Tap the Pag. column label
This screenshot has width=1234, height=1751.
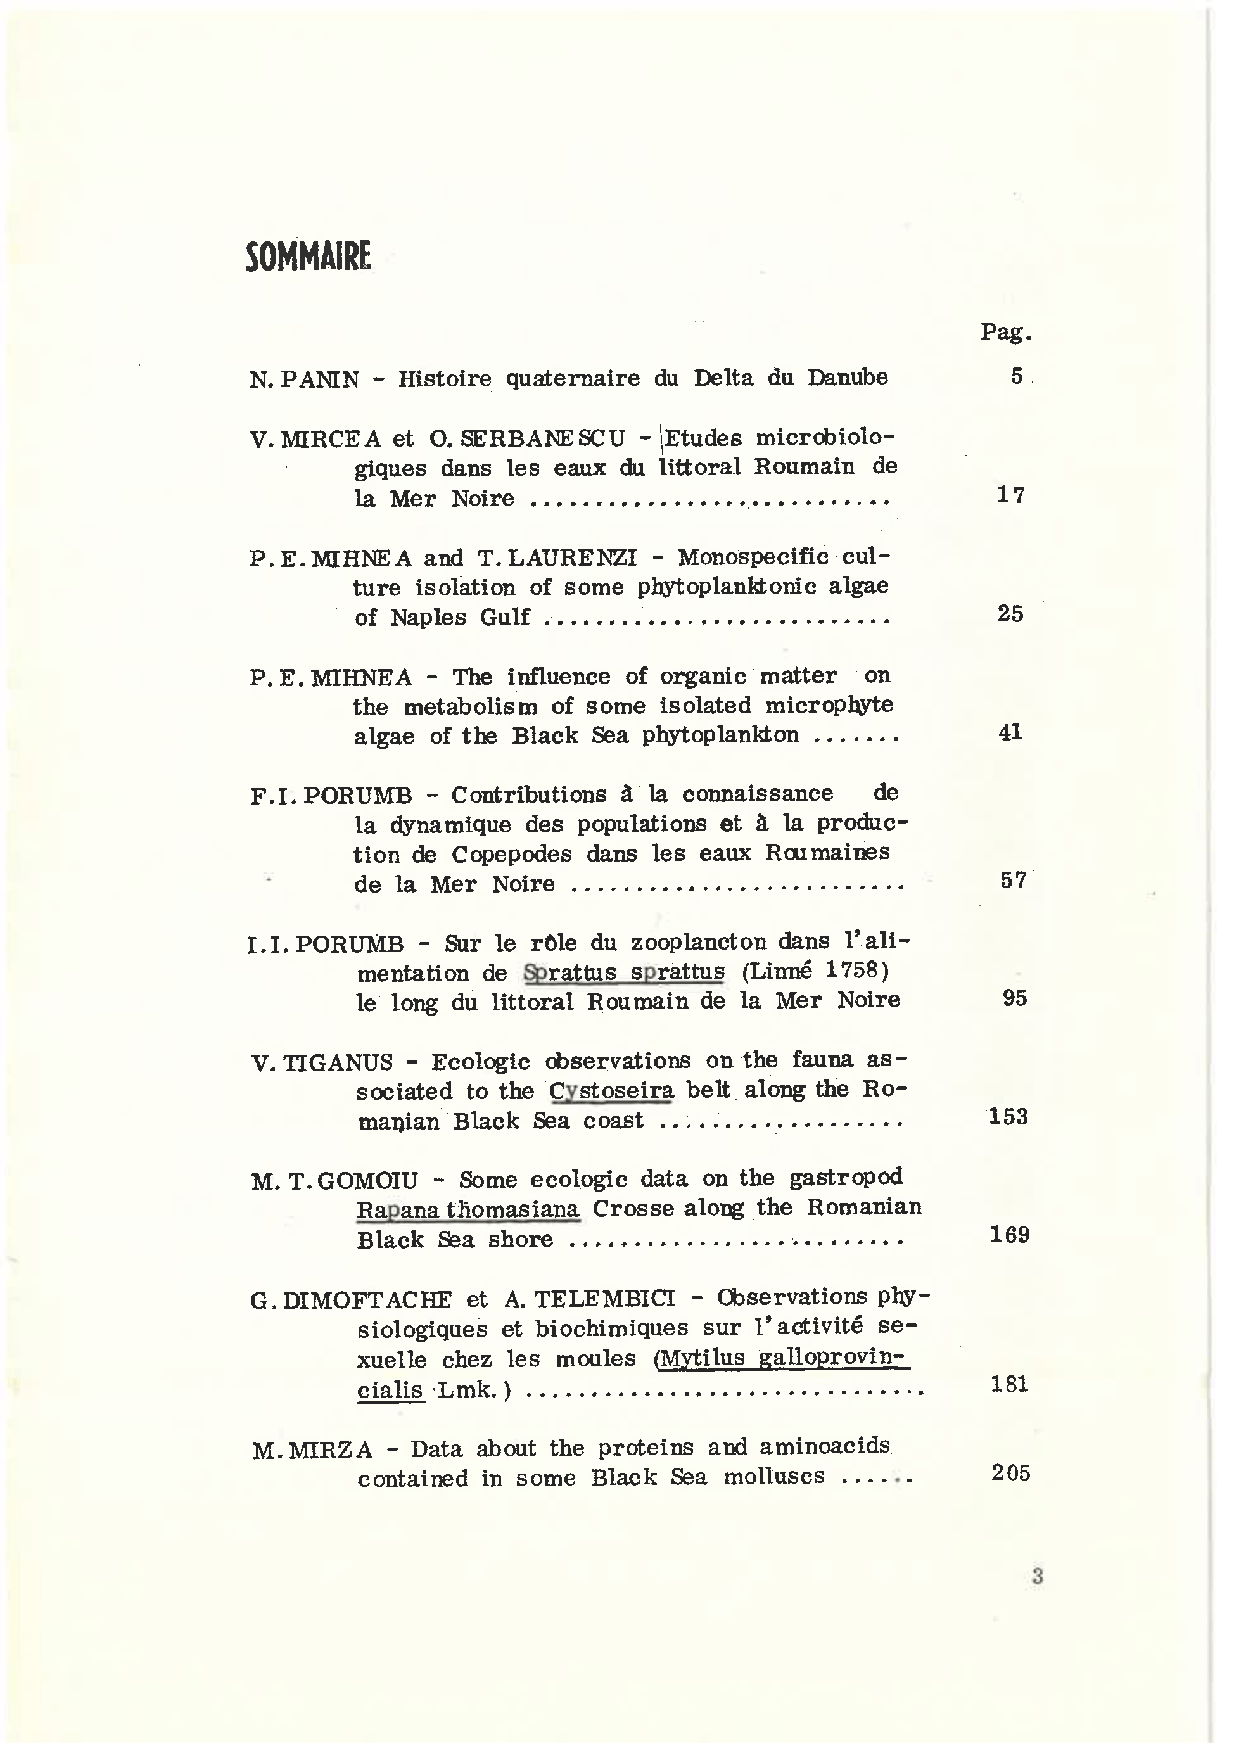pos(1005,332)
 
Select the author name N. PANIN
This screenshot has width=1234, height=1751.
pos(303,379)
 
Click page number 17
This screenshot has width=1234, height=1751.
pos(1010,495)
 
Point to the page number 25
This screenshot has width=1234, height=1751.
pos(1010,614)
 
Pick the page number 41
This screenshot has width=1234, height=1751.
pos(1010,733)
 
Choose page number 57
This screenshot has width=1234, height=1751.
pos(1013,881)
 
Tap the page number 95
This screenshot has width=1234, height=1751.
pos(1014,998)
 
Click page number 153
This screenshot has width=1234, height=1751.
pos(1008,1116)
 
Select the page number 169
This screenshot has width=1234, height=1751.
pos(1009,1235)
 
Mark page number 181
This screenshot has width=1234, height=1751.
pos(1009,1384)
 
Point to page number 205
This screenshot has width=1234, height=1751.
pos(1010,1473)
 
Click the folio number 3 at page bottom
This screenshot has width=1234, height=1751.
pos(1036,1576)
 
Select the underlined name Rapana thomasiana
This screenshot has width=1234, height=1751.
pos(468,1210)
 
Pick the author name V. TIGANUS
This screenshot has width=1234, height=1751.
pos(322,1062)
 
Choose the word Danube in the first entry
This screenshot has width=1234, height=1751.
pos(848,378)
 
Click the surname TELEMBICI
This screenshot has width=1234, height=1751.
pos(590,1299)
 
